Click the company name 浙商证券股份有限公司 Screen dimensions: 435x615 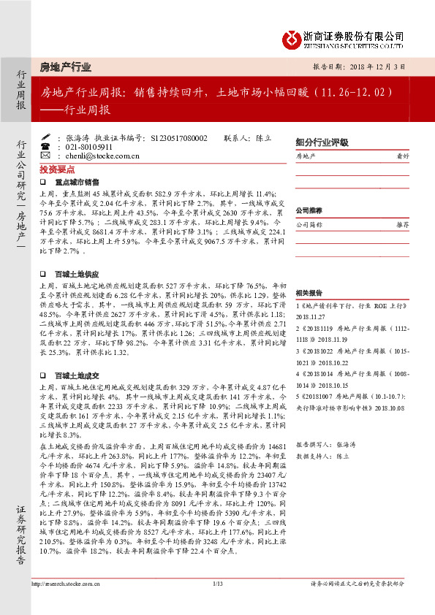click(x=354, y=34)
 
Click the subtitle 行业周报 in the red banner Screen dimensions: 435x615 click(x=83, y=110)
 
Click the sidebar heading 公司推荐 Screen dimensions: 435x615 click(x=309, y=210)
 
